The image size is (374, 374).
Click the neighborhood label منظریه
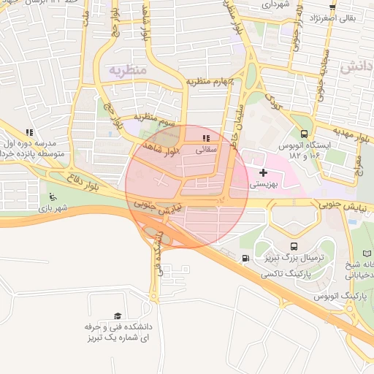(x=129, y=69)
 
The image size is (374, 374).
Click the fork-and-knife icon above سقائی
(x=207, y=137)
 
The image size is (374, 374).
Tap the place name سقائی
(x=207, y=148)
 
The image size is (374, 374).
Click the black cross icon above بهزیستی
(x=263, y=172)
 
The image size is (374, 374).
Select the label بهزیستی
(x=263, y=185)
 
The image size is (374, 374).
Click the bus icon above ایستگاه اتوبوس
(x=304, y=133)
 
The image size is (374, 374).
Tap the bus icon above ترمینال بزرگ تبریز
(x=294, y=247)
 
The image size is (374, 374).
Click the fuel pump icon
(x=244, y=258)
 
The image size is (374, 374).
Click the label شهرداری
(x=277, y=4)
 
